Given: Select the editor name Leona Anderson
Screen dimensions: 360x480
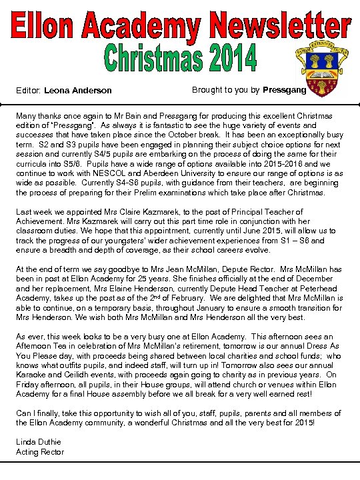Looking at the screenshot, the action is tap(79, 91).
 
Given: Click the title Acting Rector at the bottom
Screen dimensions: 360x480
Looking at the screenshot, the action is tap(40, 452).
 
